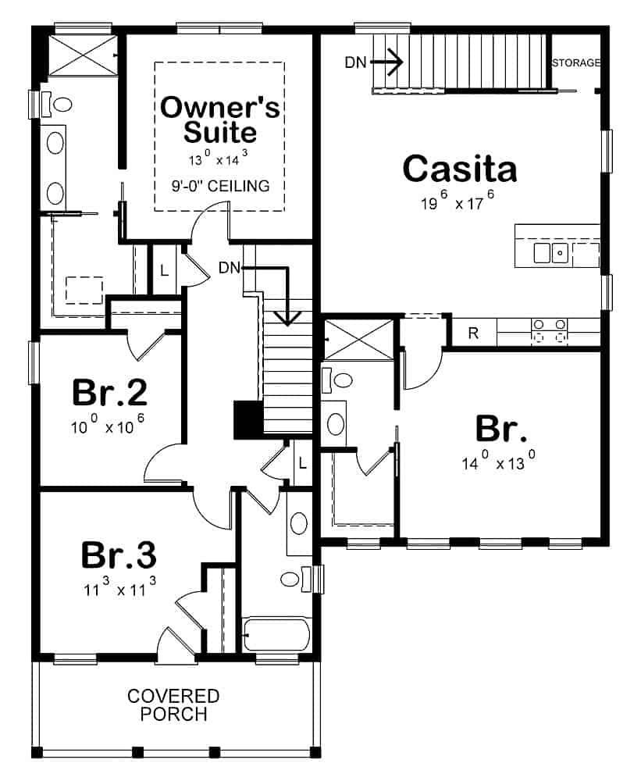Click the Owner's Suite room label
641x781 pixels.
click(x=219, y=119)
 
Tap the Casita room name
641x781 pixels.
click(x=460, y=168)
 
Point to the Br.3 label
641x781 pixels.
click(x=119, y=555)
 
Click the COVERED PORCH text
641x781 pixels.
click(x=173, y=704)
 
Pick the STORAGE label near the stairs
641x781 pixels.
click(x=576, y=62)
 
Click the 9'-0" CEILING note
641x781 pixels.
click(x=220, y=186)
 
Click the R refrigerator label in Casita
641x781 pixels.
click(x=473, y=333)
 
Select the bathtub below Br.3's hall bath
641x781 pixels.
click(x=277, y=634)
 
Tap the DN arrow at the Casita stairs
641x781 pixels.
click(x=389, y=62)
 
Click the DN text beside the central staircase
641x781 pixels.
click(x=230, y=268)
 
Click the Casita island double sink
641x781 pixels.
click(x=550, y=252)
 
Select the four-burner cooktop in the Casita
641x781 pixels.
click(x=548, y=331)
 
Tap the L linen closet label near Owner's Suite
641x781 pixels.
click(x=164, y=271)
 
